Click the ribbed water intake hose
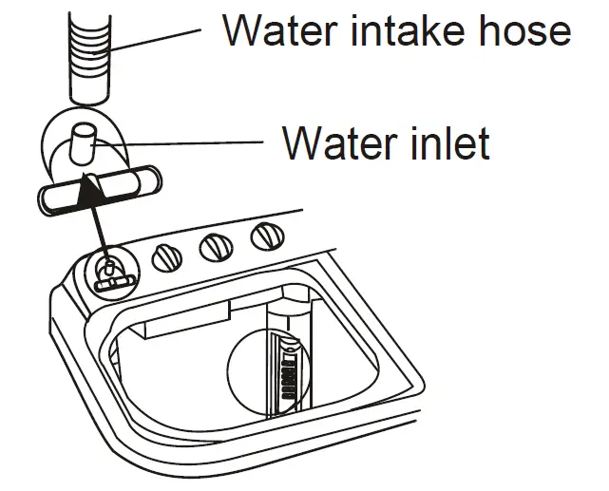[93, 43]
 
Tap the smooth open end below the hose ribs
[93, 91]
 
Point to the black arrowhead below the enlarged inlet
[90, 193]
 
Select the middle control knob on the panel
[216, 247]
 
